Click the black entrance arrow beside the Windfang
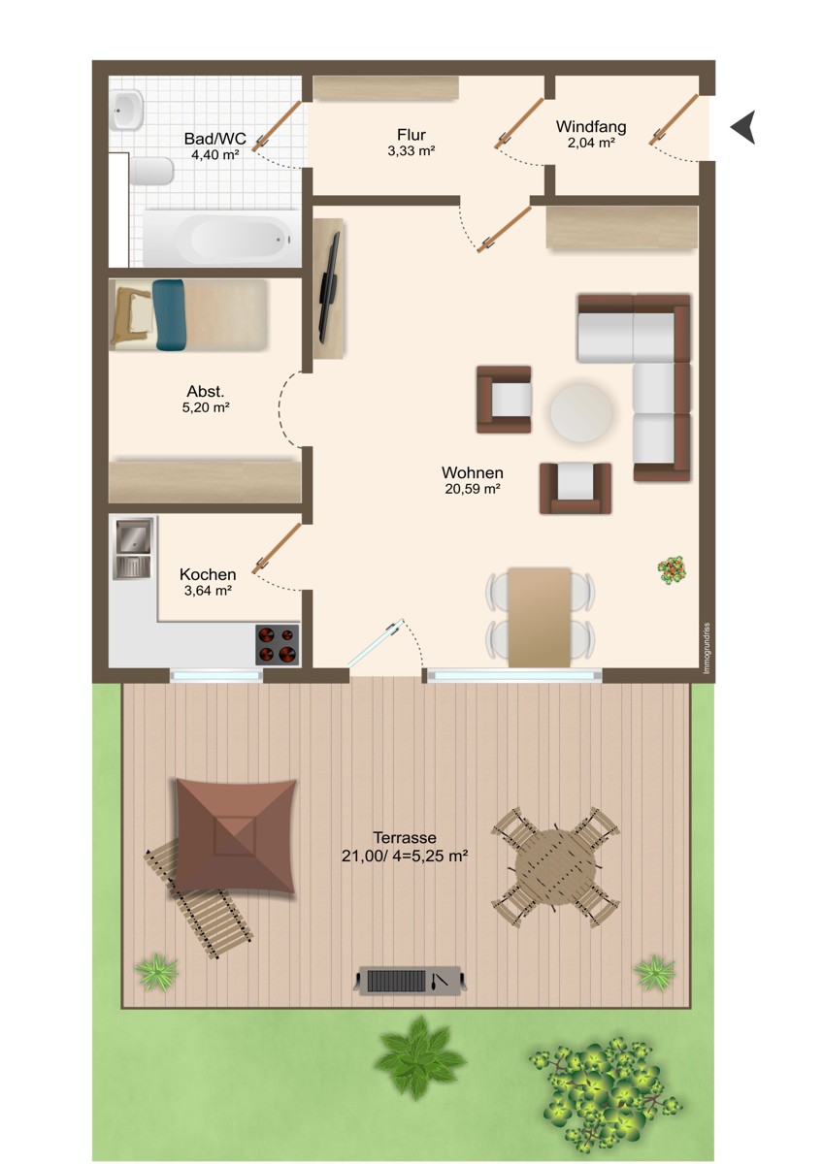click(744, 127)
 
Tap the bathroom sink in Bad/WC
click(126, 111)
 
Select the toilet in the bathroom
click(150, 172)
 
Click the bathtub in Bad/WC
click(222, 238)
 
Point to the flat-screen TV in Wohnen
click(330, 287)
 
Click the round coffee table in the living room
click(581, 412)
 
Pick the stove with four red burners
click(278, 644)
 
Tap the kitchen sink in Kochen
click(134, 548)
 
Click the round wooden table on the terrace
click(555, 867)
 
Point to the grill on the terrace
click(411, 980)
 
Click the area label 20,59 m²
click(473, 489)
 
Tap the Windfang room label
click(591, 126)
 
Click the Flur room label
click(411, 135)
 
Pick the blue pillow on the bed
click(169, 314)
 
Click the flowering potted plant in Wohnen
click(672, 570)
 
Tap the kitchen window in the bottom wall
click(216, 675)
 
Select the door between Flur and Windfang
click(519, 123)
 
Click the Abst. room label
click(206, 391)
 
